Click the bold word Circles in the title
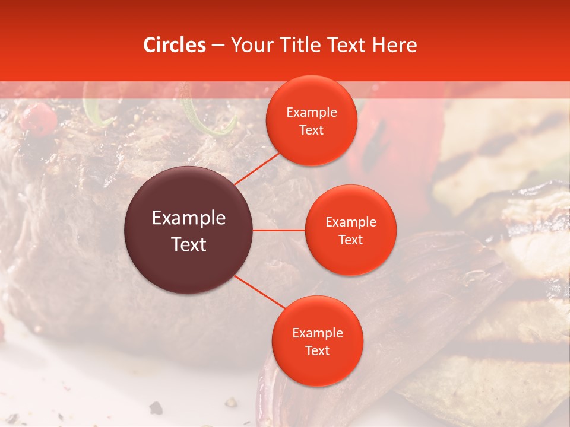[x=175, y=45]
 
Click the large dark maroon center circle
[x=189, y=230]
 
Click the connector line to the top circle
[x=256, y=168]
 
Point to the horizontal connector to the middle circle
[x=279, y=230]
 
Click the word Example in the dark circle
[x=189, y=218]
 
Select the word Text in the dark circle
[x=189, y=244]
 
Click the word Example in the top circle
[x=312, y=113]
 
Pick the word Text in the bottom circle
[x=317, y=350]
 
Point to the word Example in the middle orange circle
[x=351, y=222]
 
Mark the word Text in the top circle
[x=312, y=130]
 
